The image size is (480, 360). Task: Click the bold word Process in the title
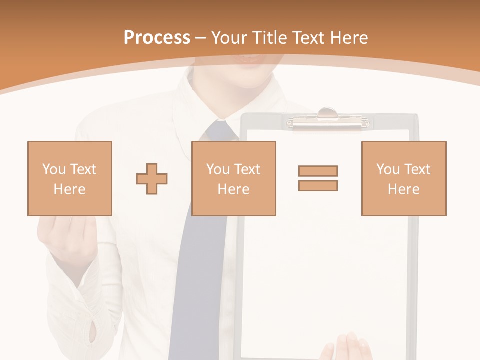pos(157,37)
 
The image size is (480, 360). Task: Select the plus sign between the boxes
pos(152,178)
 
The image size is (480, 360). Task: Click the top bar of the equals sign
pos(318,171)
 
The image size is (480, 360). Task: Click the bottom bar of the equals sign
pos(318,185)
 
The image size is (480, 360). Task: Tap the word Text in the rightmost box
pos(417,169)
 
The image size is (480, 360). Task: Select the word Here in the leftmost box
pos(69,189)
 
